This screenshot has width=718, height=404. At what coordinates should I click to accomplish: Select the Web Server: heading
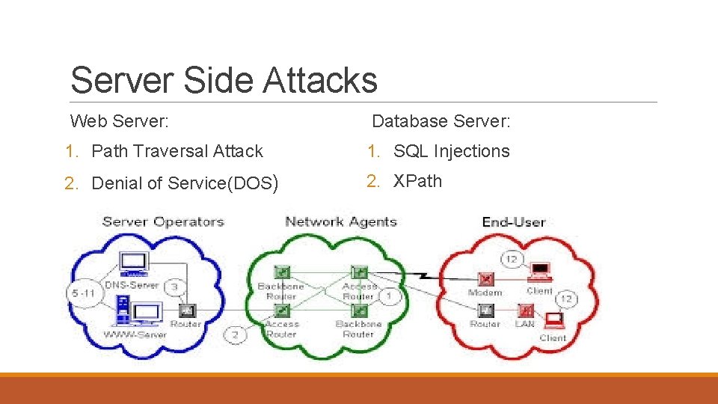click(119, 120)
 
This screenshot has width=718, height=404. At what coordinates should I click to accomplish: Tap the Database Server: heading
click(441, 120)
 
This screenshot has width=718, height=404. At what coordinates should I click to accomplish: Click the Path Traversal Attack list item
click(177, 151)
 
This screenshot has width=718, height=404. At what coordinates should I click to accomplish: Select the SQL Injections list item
click(451, 151)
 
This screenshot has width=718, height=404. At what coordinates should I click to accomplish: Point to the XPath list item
click(417, 181)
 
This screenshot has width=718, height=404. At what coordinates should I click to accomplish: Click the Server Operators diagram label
click(163, 221)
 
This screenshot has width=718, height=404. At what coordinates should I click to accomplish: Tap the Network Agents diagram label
click(341, 221)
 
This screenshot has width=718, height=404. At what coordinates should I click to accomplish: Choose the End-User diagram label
click(514, 221)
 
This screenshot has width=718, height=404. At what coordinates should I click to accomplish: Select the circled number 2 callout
click(235, 334)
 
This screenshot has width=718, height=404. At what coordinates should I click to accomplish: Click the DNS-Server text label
click(132, 285)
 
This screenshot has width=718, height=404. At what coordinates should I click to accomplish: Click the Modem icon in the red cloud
click(486, 278)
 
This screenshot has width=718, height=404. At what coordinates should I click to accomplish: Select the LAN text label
click(524, 324)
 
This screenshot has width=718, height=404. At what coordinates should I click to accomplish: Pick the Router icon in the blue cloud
click(186, 310)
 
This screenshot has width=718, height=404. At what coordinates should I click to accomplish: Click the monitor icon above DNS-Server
click(135, 263)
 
